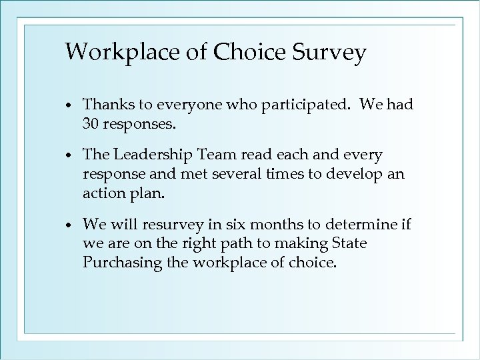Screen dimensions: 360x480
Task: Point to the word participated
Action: click(x=299, y=105)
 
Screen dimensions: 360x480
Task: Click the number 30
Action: click(x=92, y=123)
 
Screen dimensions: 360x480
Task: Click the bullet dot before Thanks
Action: click(x=70, y=106)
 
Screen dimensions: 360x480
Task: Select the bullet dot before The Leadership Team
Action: click(x=70, y=157)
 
